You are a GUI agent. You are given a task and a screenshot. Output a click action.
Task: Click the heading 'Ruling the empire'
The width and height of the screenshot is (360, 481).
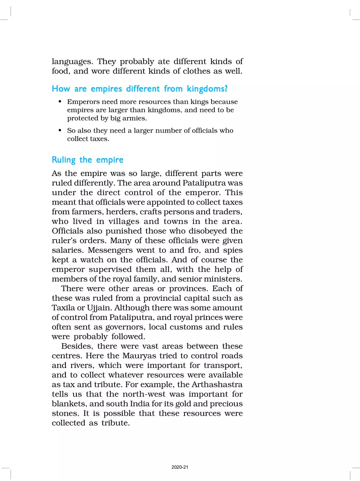[88, 160]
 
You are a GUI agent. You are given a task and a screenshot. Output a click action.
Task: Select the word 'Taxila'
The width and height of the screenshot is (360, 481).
[63, 308]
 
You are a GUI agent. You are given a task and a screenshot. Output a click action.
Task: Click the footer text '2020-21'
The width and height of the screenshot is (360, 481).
[180, 467]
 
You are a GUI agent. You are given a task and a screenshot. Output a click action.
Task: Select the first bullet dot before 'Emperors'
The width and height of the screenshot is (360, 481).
[60, 102]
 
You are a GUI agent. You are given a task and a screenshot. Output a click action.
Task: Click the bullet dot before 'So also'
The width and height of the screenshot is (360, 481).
[60, 131]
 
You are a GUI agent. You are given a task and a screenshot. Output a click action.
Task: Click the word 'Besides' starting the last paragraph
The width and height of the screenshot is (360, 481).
[76, 346]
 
